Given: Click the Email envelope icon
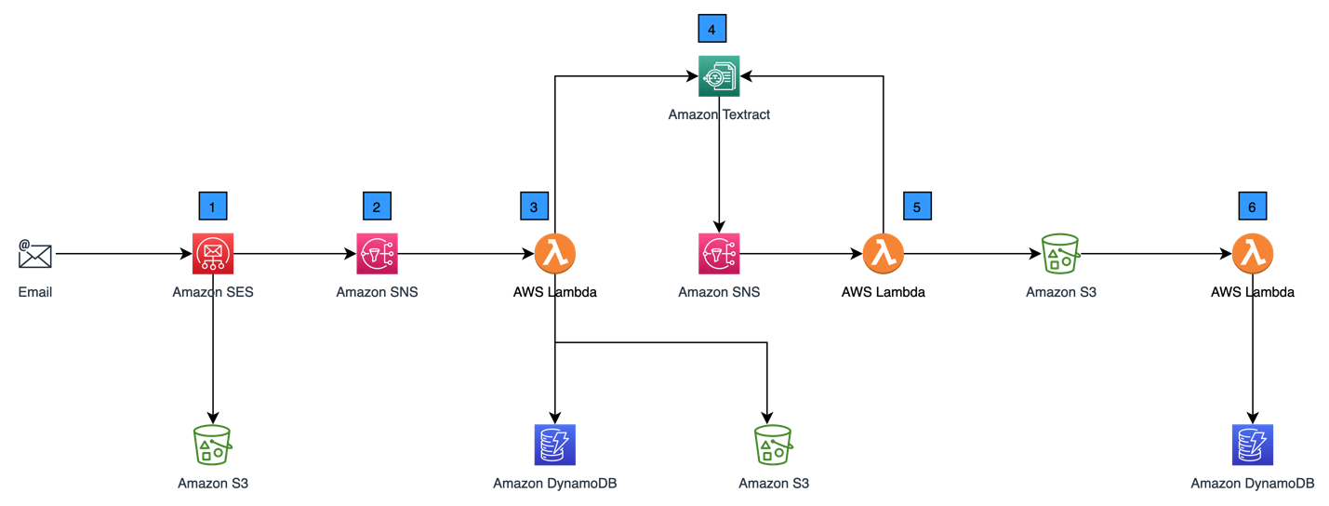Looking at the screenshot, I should [x=35, y=253].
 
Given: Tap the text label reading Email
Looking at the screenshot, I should [x=35, y=292].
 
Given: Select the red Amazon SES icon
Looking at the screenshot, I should [x=213, y=253].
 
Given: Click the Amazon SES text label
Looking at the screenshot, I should [x=213, y=292].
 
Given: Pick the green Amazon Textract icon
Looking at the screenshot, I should [x=719, y=75].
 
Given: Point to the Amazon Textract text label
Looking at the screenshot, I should [x=719, y=115].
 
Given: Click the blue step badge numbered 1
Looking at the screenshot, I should [x=213, y=206].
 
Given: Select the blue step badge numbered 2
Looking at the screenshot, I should [x=377, y=206].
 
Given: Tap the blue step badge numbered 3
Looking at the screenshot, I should [x=534, y=206].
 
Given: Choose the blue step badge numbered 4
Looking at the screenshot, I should [x=711, y=29].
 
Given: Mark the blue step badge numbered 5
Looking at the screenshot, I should [x=917, y=206].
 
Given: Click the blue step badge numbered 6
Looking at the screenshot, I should [x=1252, y=206].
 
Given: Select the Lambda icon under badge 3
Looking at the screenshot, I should [x=555, y=253].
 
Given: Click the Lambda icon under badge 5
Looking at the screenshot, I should [x=883, y=253].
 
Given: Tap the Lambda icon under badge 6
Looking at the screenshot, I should [x=1253, y=253].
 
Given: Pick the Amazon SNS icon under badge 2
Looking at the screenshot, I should [x=377, y=253].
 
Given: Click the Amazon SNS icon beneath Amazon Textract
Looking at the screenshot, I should [x=719, y=253].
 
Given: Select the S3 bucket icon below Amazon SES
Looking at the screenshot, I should [x=213, y=445].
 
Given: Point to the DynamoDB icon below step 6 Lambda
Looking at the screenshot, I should [x=1253, y=445].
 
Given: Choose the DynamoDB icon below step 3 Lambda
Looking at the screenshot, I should [x=555, y=445].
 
